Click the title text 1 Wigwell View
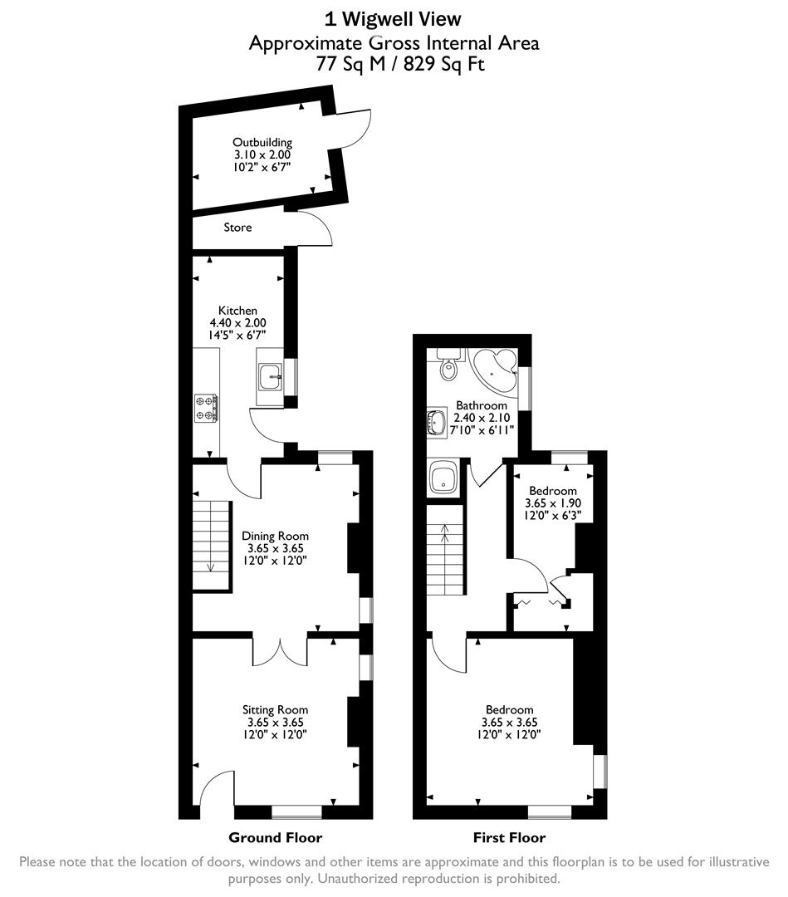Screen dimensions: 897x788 [x=394, y=18]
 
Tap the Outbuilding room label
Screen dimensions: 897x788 [x=262, y=143]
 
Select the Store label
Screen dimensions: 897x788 [x=237, y=227]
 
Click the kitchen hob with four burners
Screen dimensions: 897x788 [x=206, y=407]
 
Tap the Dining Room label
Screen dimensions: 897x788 [x=275, y=536]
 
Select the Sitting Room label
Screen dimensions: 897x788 [x=275, y=709]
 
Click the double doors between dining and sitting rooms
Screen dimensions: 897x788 [x=280, y=649]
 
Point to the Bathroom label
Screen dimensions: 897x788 [x=482, y=405]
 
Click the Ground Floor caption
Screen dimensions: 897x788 [x=275, y=837]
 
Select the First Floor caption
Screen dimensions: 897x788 [x=510, y=837]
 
